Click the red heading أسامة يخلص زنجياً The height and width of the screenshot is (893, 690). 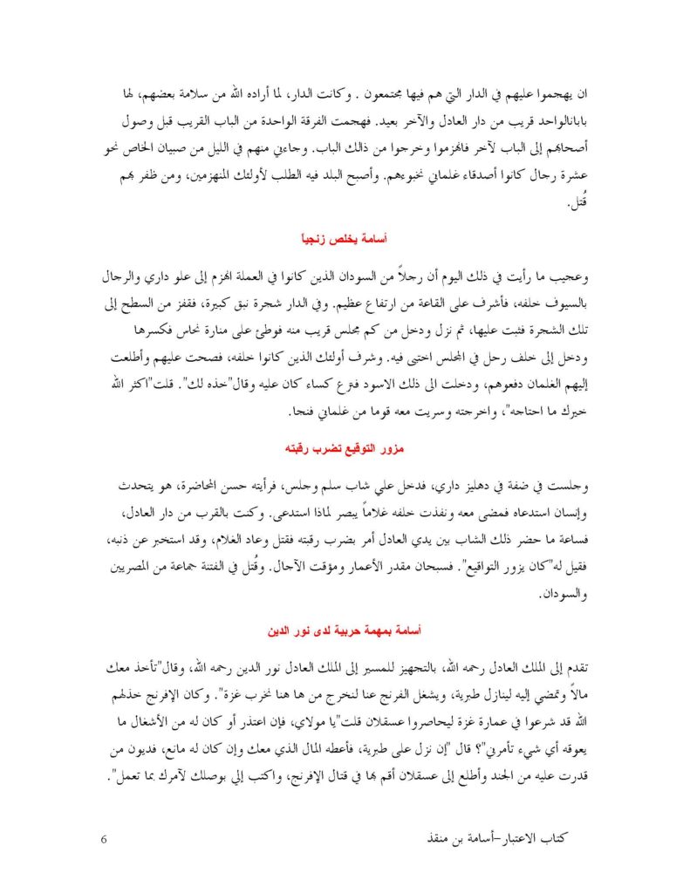pyautogui.click(x=345, y=237)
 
